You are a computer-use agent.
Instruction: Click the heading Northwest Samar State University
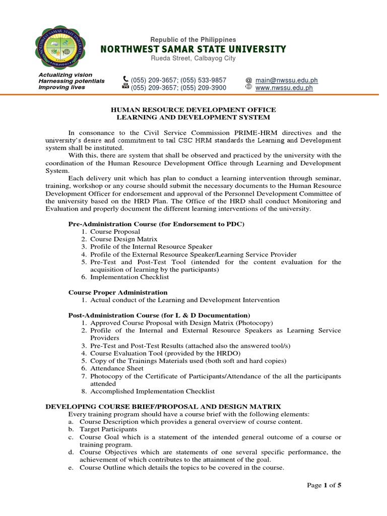[193, 49]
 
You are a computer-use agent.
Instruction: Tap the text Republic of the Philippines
[193, 39]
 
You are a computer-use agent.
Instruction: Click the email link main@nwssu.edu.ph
[286, 80]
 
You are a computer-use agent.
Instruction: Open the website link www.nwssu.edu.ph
[284, 88]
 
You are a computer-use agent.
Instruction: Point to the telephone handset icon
[125, 80]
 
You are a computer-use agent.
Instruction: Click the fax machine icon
[125, 87]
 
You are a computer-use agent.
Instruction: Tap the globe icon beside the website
[248, 87]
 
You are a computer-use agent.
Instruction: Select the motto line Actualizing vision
[66, 75]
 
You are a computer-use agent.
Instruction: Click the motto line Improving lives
[62, 87]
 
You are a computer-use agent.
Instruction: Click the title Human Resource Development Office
[193, 109]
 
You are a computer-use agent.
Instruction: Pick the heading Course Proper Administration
[118, 292]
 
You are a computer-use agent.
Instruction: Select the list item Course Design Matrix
[124, 239]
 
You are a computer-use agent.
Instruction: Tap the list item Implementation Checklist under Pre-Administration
[130, 277]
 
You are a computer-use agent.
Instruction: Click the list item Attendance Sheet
[117, 368]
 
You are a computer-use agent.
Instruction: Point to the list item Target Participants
[108, 429]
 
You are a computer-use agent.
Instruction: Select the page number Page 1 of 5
[324, 485]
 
